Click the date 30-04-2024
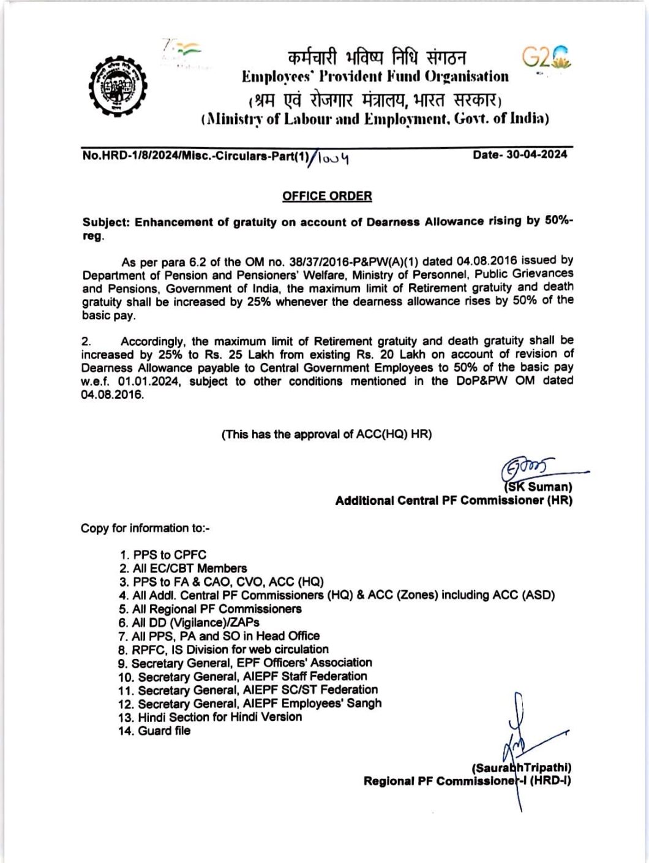pos(520,155)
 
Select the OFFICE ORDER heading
pos(326,196)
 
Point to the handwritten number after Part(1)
pos(334,159)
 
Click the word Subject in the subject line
pos(105,222)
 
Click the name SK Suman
pos(539,487)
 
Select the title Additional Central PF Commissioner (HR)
pos(453,501)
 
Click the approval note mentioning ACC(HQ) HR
pos(326,435)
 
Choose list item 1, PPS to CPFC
pos(163,555)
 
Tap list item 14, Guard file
pos(155,731)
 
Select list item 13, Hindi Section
pos(211,717)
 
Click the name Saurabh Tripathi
pos(522,768)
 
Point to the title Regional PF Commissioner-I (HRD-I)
pos(467,781)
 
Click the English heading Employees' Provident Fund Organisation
pos(375,77)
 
